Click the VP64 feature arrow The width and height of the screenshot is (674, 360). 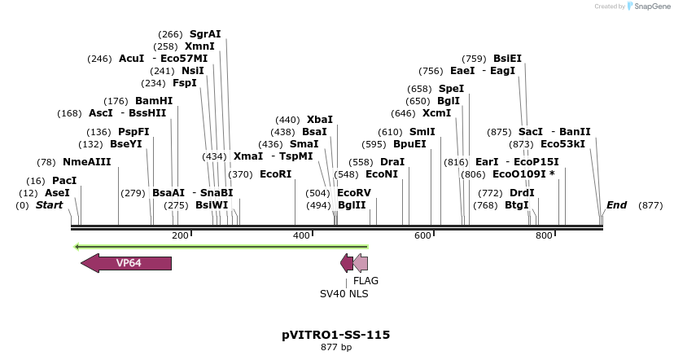127,263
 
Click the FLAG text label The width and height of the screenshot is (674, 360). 365,281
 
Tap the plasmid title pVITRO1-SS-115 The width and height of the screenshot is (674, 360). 335,335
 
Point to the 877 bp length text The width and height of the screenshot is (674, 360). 335,348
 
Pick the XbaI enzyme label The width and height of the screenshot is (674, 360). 320,120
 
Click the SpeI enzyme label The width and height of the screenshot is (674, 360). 452,89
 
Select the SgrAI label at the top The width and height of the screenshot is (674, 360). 205,34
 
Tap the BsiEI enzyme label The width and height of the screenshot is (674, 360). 508,59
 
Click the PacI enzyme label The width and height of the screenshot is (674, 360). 64,181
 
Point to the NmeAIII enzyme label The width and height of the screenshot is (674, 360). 86,162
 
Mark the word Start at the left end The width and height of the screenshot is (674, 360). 49,205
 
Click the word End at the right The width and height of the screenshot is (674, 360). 617,205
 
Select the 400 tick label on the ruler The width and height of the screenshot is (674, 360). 301,235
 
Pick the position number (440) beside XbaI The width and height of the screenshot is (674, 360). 288,120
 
